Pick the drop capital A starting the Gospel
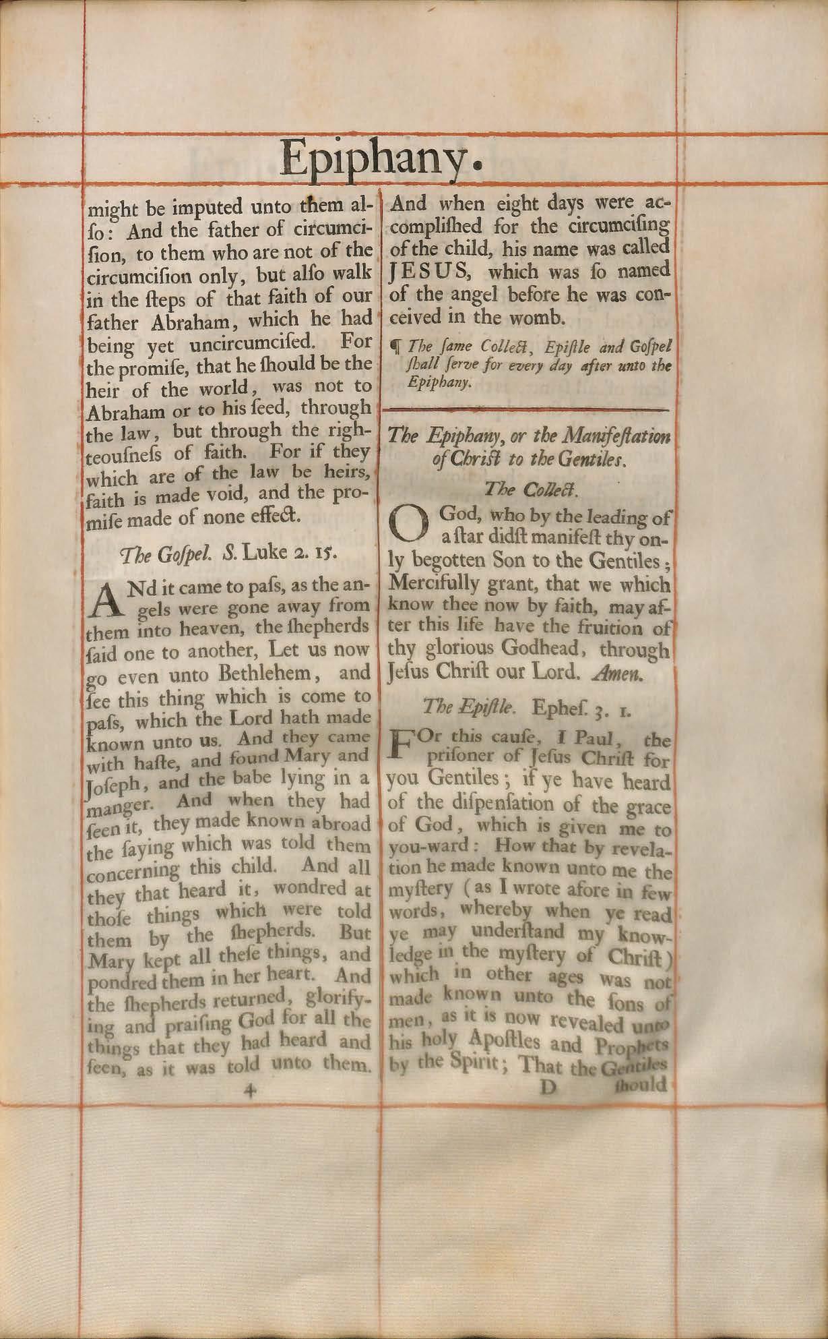tap(105, 597)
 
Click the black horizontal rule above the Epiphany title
tap(526, 409)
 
